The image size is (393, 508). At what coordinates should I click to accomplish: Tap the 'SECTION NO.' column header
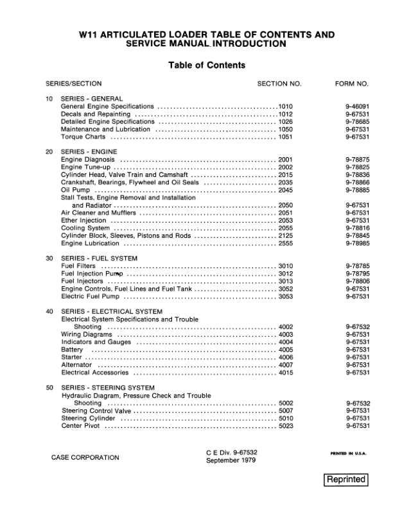pos(279,84)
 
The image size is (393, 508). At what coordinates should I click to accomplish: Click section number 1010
pos(285,106)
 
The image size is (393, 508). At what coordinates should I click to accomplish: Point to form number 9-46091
pos(357,106)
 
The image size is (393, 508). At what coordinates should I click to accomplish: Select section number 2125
pos(286,235)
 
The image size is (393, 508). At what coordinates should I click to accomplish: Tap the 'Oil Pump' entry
pos(74,190)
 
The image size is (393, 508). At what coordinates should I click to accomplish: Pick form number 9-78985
pos(357,243)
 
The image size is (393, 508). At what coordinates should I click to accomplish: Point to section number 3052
pos(286,289)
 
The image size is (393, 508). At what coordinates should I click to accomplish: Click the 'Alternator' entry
pos(76,364)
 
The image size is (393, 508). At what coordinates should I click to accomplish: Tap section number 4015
pos(286,372)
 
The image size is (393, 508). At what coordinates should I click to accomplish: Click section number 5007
pos(286,411)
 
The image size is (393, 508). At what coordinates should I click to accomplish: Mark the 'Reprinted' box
pos(346,480)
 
